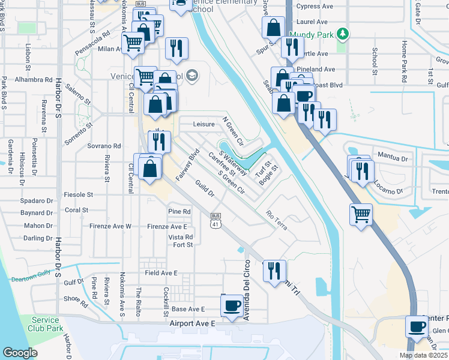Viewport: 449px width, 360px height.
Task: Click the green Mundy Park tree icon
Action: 342,34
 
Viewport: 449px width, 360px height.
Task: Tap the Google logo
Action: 20,353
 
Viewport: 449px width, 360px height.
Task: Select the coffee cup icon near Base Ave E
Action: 232,305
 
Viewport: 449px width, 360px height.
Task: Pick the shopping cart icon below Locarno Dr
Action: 361,214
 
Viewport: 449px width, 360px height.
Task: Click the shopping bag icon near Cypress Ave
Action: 273,27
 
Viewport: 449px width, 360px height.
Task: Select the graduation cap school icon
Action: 191,76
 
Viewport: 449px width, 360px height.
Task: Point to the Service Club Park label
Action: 46,324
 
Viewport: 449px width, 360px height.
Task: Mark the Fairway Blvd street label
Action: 187,165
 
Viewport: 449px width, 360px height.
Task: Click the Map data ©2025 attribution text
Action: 423,355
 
